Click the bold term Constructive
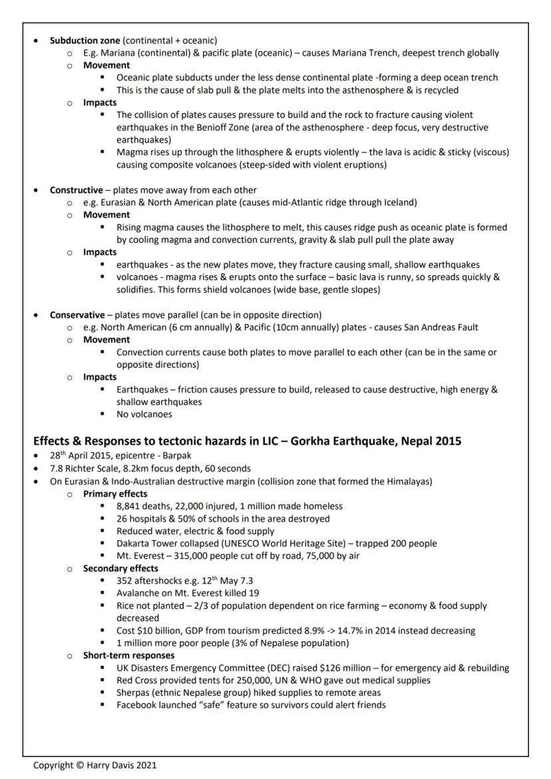point(77,190)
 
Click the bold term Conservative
point(77,315)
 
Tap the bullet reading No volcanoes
point(144,414)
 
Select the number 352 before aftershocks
point(124,581)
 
